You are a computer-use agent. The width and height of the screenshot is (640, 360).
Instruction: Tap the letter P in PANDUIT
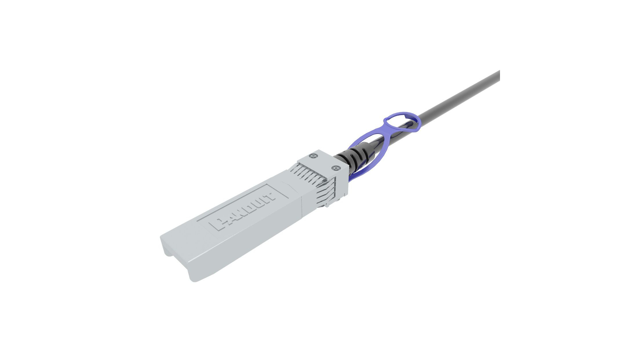(x=220, y=225)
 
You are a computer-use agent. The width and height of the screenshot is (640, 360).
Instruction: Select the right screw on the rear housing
(x=336, y=168)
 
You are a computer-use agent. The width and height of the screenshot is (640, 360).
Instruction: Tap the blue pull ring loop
(x=401, y=121)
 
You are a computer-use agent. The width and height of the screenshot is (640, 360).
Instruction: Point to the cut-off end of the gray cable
(x=498, y=76)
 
